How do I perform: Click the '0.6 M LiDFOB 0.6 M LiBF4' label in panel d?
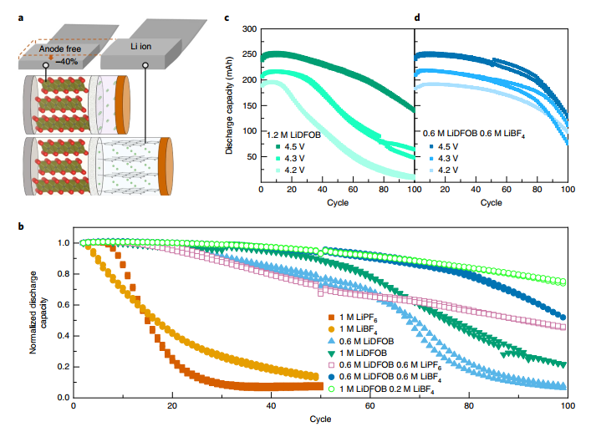coord(473,133)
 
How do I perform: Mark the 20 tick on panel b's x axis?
coord(173,406)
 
